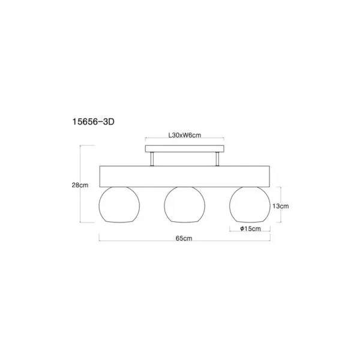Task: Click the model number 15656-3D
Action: [x=93, y=122]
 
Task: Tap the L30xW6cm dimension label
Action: [x=185, y=135]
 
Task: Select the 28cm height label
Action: [x=80, y=185]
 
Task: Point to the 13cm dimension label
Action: [x=281, y=206]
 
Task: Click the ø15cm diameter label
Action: [x=250, y=229]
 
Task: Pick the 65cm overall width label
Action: [x=184, y=238]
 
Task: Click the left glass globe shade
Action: [x=99, y=205]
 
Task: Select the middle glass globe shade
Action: [x=164, y=205]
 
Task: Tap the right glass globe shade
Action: [x=230, y=205]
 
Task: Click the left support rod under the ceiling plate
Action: [x=152, y=159]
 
